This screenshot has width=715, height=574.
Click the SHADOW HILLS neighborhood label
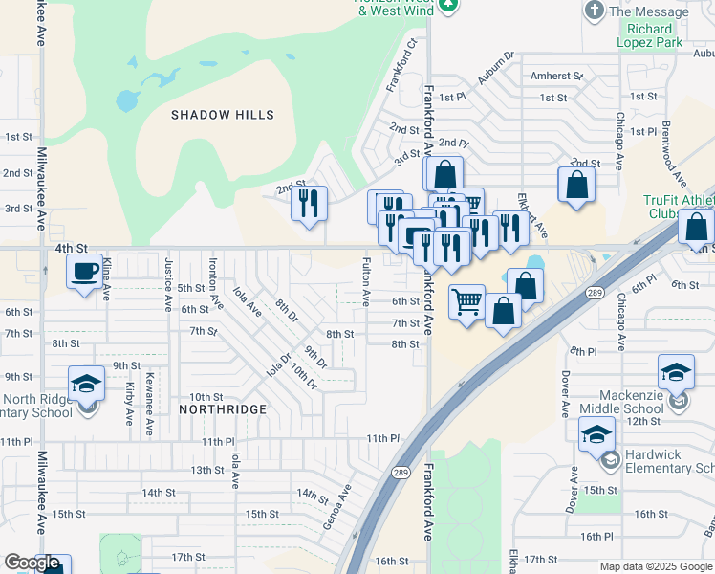(223, 115)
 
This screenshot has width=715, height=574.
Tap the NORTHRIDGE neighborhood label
(223, 408)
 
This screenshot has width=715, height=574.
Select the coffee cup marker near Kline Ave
(84, 272)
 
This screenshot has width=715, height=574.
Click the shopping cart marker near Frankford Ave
(466, 302)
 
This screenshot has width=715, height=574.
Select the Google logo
(32, 563)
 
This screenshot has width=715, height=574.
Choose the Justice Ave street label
(168, 279)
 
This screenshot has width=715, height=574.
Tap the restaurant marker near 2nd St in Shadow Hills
(309, 203)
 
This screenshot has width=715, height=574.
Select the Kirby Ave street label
(129, 404)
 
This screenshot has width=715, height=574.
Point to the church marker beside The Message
(594, 11)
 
